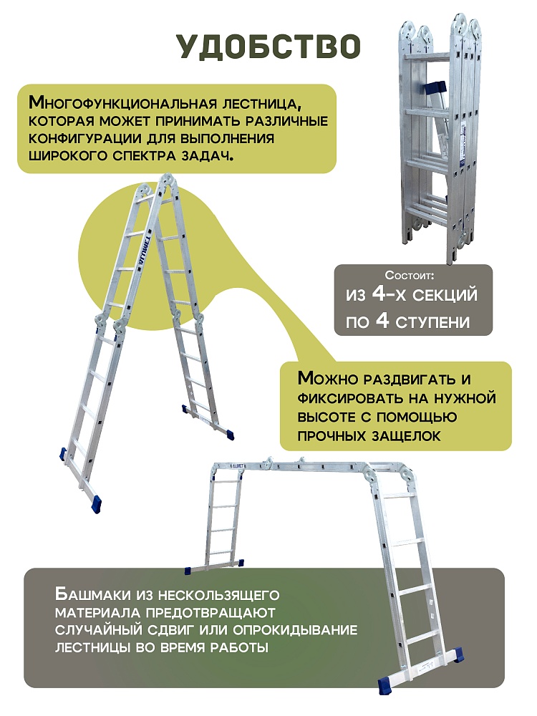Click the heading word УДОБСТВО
tap(268, 47)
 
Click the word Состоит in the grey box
tap(409, 275)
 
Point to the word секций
tap(445, 295)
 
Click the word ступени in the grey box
tap(432, 322)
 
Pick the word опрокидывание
tap(296, 630)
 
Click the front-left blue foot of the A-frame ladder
tap(97, 504)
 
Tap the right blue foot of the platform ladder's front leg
tap(457, 655)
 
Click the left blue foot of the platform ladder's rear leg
tap(187, 571)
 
